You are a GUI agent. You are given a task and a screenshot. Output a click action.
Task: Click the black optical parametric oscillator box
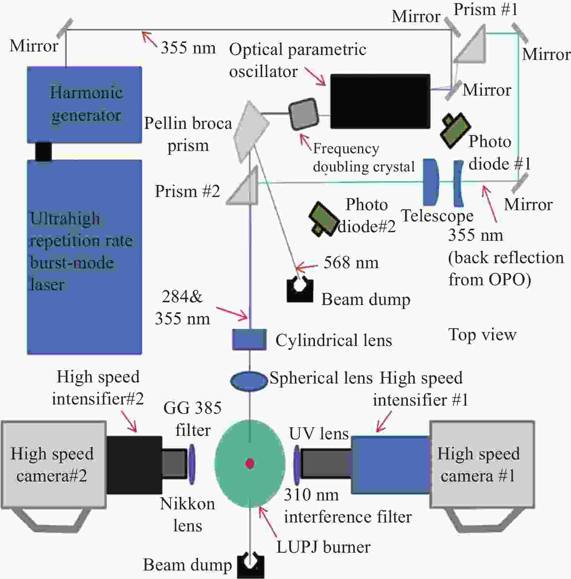[x=380, y=101]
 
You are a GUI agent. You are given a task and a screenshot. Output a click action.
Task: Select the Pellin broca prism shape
[x=251, y=131]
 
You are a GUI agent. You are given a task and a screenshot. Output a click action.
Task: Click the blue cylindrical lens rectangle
[x=249, y=339]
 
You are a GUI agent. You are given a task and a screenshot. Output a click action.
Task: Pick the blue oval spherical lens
[x=249, y=381]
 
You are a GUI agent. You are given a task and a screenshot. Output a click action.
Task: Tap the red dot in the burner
[x=250, y=463]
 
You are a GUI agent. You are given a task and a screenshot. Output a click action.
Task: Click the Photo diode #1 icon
[x=455, y=130]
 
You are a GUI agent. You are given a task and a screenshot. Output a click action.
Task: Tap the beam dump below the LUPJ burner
[x=250, y=566]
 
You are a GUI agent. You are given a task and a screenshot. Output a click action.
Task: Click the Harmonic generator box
[x=84, y=104]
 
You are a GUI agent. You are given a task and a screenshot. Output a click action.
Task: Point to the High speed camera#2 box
[x=54, y=464]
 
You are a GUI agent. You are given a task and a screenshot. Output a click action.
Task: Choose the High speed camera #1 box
[x=482, y=464]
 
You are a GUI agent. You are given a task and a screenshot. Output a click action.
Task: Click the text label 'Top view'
[x=482, y=335]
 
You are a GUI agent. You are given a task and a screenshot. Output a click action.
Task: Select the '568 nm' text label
[x=351, y=263]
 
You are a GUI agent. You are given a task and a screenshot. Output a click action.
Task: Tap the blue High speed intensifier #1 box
[x=391, y=465]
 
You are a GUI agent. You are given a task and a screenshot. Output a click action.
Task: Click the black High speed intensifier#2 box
[x=134, y=465]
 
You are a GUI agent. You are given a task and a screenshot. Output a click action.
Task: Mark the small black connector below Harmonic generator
[x=43, y=151]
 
